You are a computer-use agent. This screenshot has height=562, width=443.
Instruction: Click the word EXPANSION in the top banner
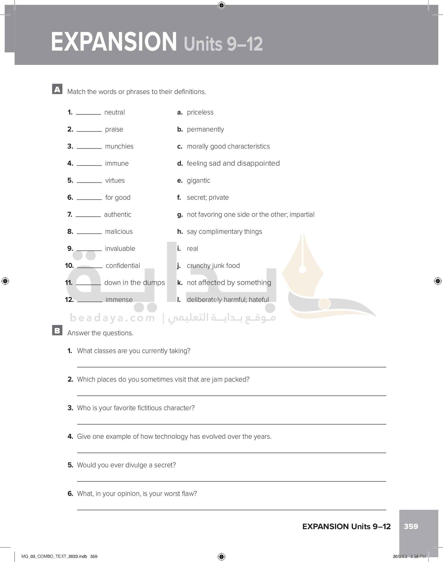114,42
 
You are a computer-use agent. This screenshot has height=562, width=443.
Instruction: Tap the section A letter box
57,89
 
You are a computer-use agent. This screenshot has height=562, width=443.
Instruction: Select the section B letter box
57,330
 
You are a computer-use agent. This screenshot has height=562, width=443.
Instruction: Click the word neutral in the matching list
114,113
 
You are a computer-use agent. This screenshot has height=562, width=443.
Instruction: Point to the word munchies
119,146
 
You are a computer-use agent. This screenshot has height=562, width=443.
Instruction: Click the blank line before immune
89,165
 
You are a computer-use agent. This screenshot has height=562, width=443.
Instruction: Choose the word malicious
119,232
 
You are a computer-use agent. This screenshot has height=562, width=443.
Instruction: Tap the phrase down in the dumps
134,282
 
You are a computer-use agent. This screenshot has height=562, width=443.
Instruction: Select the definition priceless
200,113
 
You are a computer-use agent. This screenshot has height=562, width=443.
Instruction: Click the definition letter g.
180,215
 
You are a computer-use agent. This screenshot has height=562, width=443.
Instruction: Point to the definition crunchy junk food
213,266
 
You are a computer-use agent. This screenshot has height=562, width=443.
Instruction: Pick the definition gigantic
198,180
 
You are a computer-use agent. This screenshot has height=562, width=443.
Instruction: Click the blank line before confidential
90,267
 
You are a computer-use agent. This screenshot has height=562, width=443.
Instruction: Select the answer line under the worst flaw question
231,510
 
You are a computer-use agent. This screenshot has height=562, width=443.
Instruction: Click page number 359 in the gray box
411,526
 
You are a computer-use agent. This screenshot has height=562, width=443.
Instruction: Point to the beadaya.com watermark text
112,318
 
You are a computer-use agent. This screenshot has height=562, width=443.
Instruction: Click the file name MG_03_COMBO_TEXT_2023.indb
54,556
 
